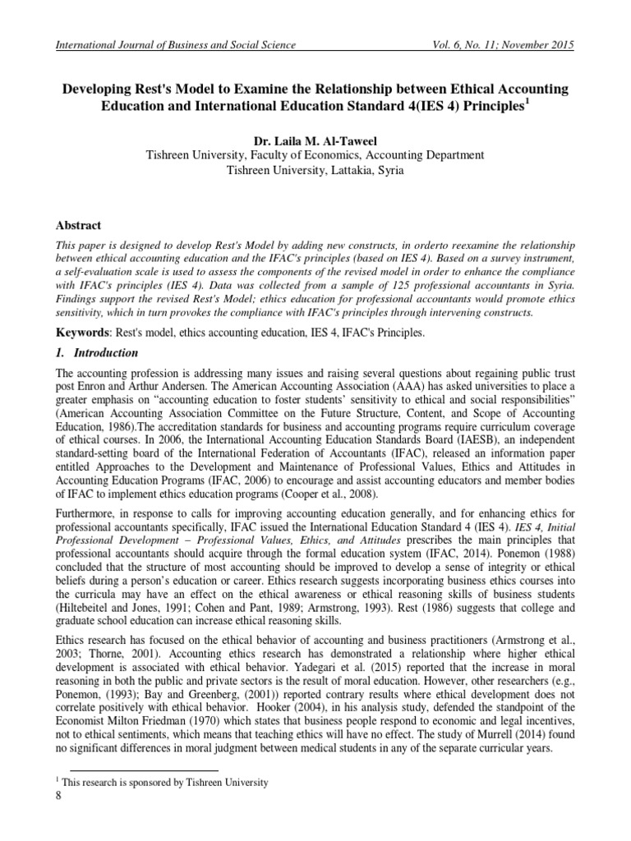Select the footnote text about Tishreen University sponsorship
coord(164,783)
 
